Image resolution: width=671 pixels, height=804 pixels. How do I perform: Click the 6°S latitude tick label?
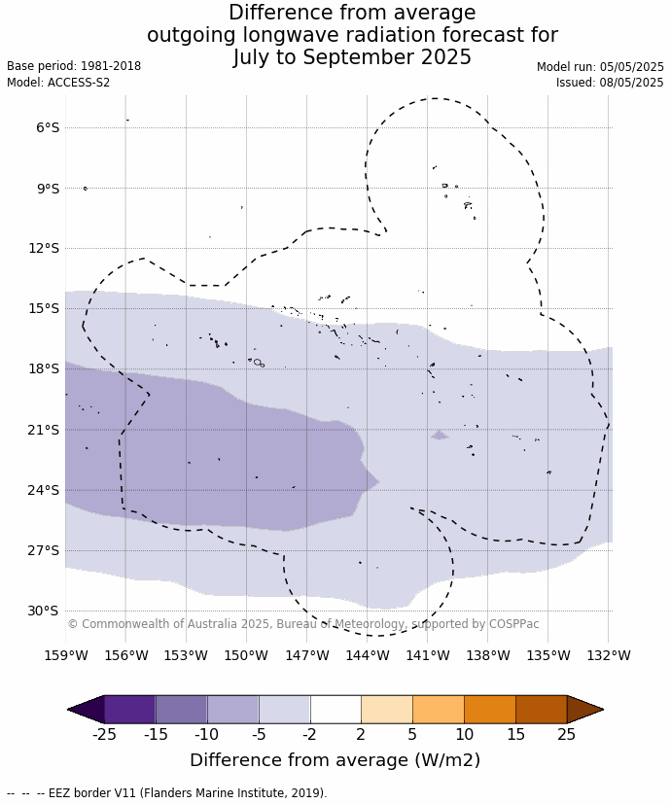click(x=48, y=127)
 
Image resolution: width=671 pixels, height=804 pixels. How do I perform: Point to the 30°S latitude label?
click(x=43, y=612)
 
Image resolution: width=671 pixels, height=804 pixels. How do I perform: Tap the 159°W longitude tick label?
click(x=66, y=655)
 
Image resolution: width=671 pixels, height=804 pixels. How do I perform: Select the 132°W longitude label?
click(x=609, y=655)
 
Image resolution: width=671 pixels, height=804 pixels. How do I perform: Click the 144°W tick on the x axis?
click(x=368, y=655)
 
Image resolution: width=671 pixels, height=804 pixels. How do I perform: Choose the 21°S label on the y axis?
click(x=43, y=430)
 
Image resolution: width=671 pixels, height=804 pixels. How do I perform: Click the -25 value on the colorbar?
click(x=104, y=735)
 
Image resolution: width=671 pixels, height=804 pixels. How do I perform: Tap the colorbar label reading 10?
click(x=464, y=735)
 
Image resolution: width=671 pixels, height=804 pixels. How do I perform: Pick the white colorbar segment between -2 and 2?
click(x=335, y=710)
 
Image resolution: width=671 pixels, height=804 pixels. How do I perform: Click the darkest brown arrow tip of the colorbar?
click(x=583, y=710)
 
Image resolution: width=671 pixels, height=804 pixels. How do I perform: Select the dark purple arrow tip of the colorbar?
click(x=87, y=710)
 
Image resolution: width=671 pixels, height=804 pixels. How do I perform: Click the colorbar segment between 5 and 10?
click(x=439, y=710)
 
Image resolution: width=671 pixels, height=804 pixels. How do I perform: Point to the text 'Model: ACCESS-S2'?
click(x=58, y=83)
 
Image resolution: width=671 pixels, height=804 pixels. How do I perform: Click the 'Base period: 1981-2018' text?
click(x=74, y=66)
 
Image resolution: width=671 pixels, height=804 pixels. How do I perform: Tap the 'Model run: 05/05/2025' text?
click(x=600, y=67)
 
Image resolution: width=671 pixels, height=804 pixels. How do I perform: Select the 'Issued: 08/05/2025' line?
click(x=610, y=83)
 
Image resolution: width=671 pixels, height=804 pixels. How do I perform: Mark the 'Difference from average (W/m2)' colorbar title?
click(x=335, y=760)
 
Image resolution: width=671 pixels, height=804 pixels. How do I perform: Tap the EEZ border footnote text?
click(x=166, y=793)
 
